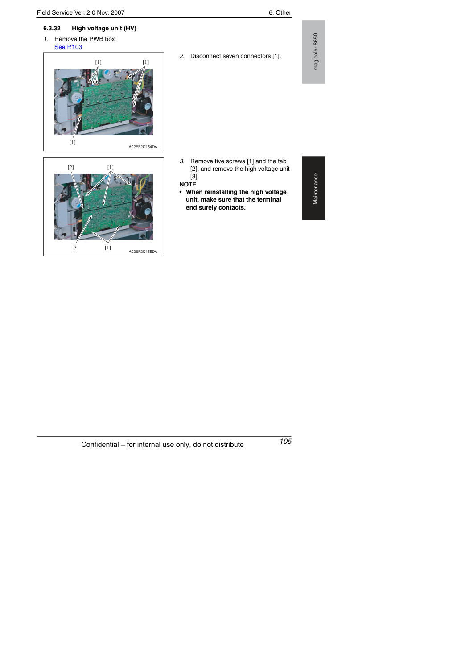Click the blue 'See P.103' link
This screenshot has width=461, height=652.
click(x=68, y=47)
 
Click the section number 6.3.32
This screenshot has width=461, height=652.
click(x=52, y=28)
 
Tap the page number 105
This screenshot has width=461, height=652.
click(x=285, y=441)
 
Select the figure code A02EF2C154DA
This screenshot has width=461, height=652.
click(x=143, y=147)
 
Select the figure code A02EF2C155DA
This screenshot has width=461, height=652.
click(x=143, y=252)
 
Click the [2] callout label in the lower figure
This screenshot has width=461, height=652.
click(x=71, y=167)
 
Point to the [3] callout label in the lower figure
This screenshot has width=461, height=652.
click(x=75, y=248)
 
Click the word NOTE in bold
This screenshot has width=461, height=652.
click(x=188, y=184)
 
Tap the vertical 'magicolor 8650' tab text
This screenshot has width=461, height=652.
click(x=316, y=52)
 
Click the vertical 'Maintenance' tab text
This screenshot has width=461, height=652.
click(x=316, y=189)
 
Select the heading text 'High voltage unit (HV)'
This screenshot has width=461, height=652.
click(x=104, y=28)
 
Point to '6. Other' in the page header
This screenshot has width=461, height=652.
click(x=280, y=13)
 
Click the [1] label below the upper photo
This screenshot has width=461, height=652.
click(x=73, y=142)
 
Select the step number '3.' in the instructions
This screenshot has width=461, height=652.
click(x=182, y=161)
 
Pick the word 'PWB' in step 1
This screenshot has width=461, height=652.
click(x=96, y=39)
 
